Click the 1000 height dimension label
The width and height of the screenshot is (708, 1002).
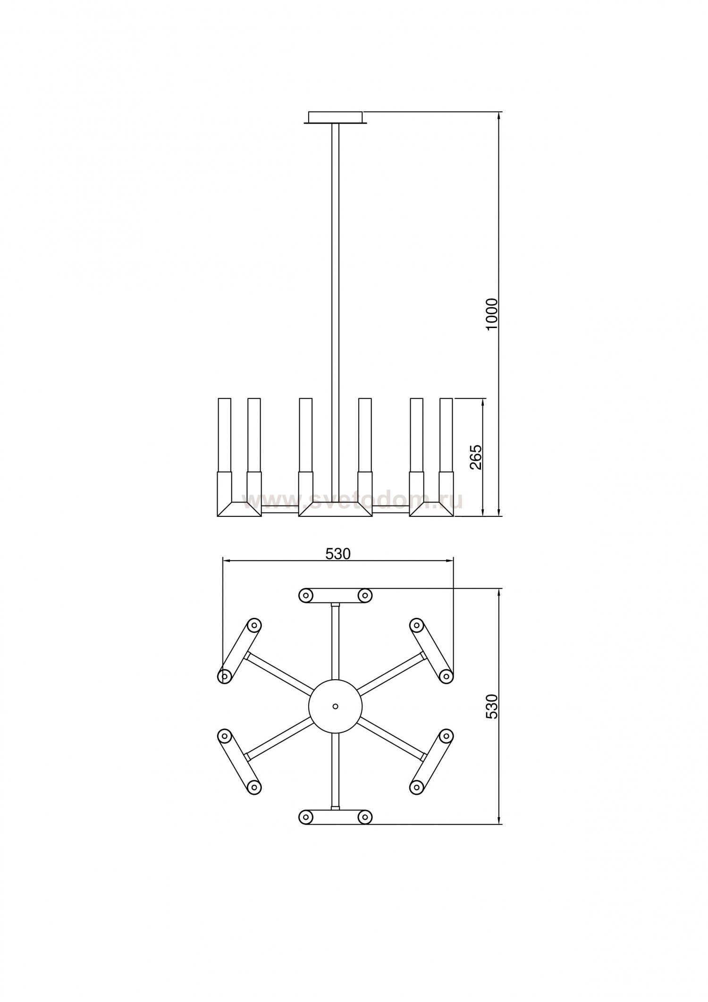tap(491, 314)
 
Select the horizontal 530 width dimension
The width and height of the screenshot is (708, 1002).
tap(338, 554)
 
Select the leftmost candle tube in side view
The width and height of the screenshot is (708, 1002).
tap(224, 435)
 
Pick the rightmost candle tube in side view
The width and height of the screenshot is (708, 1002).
tap(446, 435)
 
